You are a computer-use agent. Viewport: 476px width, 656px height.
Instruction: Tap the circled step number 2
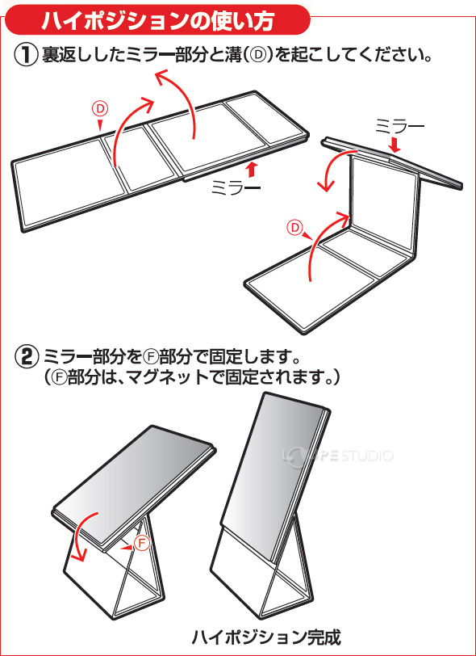[26, 358]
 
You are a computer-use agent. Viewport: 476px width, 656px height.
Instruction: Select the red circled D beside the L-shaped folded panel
[295, 228]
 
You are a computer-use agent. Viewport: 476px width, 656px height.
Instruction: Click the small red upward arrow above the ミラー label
[251, 170]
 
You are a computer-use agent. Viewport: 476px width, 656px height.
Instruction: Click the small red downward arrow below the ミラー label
[394, 145]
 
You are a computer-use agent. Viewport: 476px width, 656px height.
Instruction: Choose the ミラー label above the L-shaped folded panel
[400, 126]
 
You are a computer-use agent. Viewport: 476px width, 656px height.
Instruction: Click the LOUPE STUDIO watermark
[338, 455]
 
